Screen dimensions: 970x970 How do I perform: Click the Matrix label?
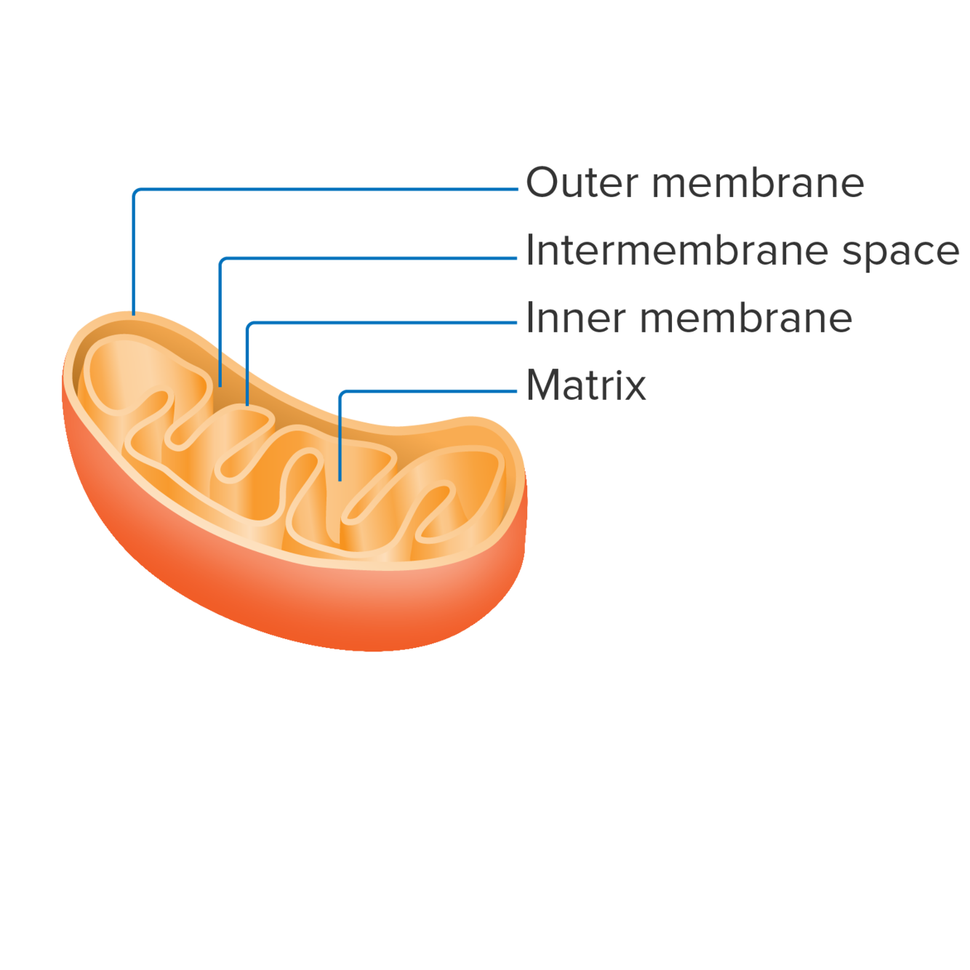click(586, 385)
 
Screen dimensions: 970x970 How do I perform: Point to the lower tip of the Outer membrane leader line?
click(134, 313)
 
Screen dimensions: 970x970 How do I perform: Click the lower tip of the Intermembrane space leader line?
click(220, 385)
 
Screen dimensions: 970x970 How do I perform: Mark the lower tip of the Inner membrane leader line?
click(247, 404)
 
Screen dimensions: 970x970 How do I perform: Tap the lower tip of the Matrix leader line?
click(340, 480)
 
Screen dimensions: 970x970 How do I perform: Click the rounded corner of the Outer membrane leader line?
click(136, 191)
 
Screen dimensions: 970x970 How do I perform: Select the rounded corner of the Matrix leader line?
click(342, 393)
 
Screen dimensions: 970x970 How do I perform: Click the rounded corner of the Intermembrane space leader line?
click(223, 260)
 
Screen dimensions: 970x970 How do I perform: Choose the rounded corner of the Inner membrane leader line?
click(249, 324)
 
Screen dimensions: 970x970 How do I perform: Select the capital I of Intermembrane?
click(529, 251)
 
